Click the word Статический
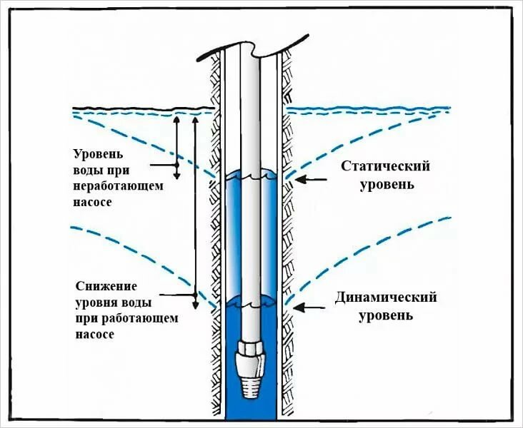click(385, 167)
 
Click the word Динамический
click(386, 297)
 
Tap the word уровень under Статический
click(385, 184)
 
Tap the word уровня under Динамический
click(386, 314)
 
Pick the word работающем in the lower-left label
click(129, 317)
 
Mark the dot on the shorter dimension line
click(176, 165)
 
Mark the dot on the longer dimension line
click(194, 295)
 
